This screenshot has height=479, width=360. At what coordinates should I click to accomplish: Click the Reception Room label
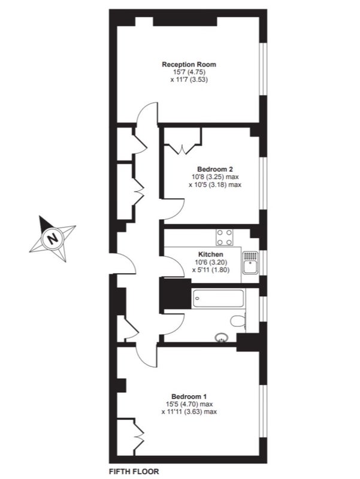(x=189, y=65)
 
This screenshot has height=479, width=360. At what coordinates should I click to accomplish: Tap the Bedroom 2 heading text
(x=215, y=169)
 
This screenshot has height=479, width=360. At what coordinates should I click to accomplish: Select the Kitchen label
(x=211, y=254)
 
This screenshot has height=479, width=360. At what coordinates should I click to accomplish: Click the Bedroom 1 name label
(x=189, y=396)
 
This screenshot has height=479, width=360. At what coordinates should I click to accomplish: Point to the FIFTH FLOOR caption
(x=134, y=471)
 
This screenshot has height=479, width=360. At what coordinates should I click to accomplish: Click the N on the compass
(x=53, y=238)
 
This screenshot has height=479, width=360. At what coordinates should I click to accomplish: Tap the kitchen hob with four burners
(x=224, y=237)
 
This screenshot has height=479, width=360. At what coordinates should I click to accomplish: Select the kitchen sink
(x=250, y=263)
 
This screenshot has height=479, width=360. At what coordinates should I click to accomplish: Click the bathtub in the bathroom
(x=218, y=298)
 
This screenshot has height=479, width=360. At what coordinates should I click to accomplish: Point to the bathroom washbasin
(x=220, y=338)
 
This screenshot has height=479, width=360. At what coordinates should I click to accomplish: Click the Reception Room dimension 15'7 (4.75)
(x=189, y=72)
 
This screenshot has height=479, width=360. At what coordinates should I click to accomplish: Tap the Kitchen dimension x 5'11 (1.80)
(x=211, y=270)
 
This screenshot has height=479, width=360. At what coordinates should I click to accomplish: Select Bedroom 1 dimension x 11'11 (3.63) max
(x=189, y=412)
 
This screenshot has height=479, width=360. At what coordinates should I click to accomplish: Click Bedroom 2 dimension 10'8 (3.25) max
(x=215, y=177)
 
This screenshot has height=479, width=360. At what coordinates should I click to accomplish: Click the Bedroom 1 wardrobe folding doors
(x=139, y=433)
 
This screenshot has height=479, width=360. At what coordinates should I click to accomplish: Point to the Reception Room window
(x=263, y=69)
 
